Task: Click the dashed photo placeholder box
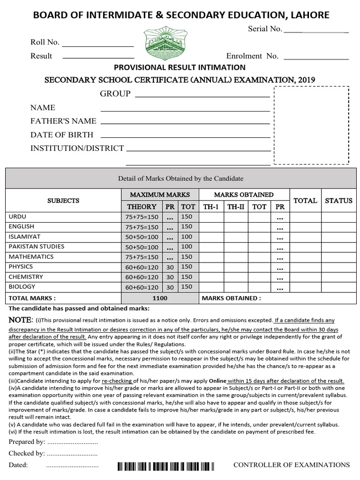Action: (x=311, y=125)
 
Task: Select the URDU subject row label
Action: (x=18, y=217)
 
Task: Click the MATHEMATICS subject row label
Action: (x=31, y=257)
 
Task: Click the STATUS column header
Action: (x=338, y=201)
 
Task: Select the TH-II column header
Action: (x=236, y=207)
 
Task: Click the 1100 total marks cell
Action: (x=160, y=298)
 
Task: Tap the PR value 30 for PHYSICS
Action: (x=170, y=267)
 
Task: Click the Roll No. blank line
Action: (x=98, y=46)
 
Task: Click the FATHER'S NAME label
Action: (x=63, y=121)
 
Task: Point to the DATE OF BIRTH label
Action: (x=62, y=135)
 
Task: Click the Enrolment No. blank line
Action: (x=316, y=59)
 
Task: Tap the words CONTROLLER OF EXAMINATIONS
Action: (x=292, y=465)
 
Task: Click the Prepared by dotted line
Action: (x=72, y=442)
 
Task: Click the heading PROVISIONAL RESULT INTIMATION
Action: (x=180, y=67)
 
